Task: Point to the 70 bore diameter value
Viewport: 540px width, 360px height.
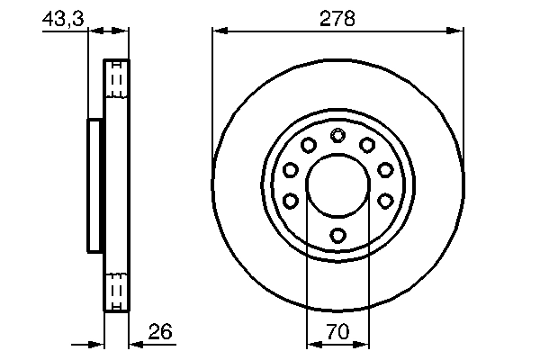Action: (x=337, y=333)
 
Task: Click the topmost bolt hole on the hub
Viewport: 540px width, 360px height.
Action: (x=337, y=136)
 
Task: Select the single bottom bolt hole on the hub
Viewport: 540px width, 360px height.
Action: (x=337, y=236)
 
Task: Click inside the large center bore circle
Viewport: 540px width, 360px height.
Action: (x=337, y=185)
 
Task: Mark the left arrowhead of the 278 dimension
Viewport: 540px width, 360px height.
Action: (x=220, y=31)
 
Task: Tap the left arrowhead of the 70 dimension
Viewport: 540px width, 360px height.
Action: (x=313, y=343)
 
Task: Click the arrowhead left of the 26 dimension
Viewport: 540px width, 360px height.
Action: (x=98, y=343)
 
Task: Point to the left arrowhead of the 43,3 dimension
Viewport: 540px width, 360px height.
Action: (x=94, y=31)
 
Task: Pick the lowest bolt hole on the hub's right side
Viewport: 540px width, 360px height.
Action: (x=385, y=200)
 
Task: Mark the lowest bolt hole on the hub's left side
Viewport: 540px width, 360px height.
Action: (x=290, y=200)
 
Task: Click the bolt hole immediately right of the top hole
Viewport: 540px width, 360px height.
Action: (x=367, y=145)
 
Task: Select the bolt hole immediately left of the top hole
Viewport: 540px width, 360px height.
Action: (x=308, y=145)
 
